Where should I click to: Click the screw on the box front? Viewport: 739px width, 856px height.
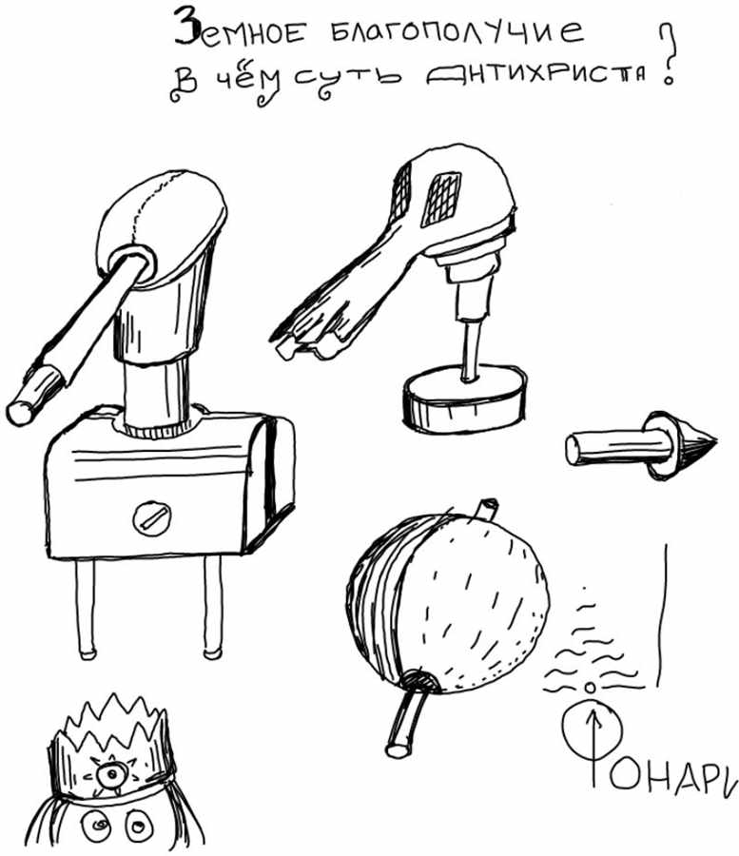(x=152, y=518)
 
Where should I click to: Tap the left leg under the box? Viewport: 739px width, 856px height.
(x=85, y=609)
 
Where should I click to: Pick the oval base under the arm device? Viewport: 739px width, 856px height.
(x=465, y=399)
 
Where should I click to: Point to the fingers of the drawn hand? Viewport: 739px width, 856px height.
(x=302, y=339)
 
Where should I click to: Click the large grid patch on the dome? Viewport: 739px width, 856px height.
(x=441, y=199)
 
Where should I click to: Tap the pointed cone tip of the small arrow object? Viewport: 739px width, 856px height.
(x=715, y=440)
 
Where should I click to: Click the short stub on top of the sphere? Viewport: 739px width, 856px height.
(x=486, y=508)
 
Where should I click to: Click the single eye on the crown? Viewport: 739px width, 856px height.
(x=110, y=774)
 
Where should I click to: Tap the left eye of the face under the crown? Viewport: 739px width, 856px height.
(x=97, y=826)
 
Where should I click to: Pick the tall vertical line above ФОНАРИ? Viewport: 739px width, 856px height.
(x=663, y=615)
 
